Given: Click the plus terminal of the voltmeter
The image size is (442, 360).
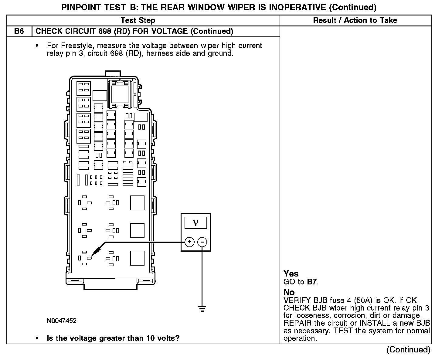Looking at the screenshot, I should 189,242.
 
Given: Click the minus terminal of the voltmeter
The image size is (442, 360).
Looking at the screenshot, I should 202,242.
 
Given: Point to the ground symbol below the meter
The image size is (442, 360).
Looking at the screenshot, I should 202,309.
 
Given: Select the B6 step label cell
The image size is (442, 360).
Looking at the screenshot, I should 19,31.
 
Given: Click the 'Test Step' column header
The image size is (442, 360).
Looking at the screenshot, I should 138,20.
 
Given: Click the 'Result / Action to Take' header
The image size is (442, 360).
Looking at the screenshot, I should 355,20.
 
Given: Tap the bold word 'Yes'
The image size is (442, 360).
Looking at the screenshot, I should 291,273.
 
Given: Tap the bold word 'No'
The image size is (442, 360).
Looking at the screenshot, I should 289,292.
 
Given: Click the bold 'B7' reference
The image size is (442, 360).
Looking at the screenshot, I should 312,282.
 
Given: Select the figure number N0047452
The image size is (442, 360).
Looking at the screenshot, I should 62,321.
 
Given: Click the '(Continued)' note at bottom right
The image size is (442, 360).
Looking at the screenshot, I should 408,350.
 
